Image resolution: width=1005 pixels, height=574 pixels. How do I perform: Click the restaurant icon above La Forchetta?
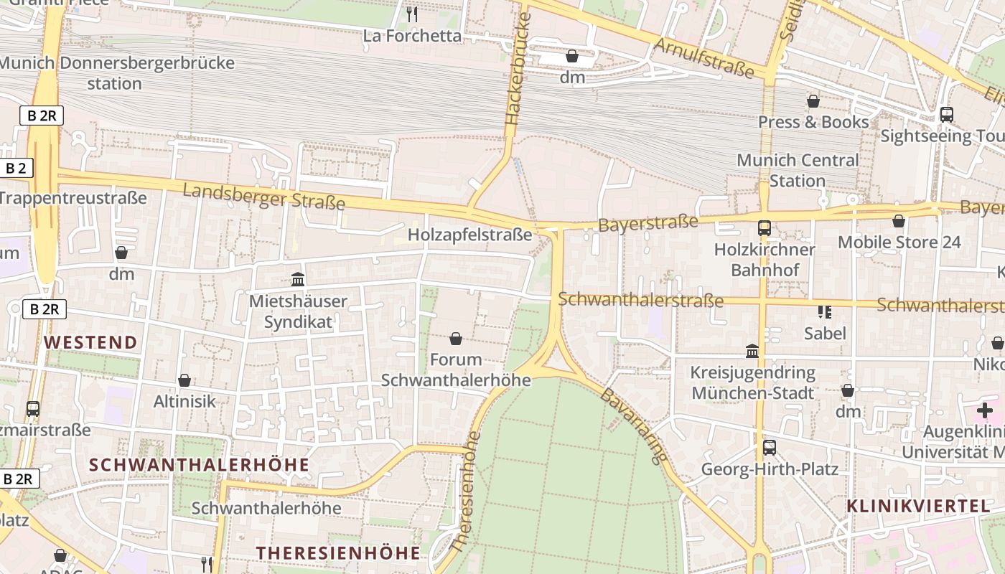pyautogui.click(x=412, y=14)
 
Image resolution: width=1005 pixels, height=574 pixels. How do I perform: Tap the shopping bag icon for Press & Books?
pyautogui.click(x=813, y=101)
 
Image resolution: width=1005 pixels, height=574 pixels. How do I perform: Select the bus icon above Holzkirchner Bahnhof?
pyautogui.click(x=765, y=228)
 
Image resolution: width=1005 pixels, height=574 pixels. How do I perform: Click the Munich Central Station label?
pyautogui.click(x=798, y=170)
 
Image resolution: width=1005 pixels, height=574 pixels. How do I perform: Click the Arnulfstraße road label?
pyautogui.click(x=704, y=58)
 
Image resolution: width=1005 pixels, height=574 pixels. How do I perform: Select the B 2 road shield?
pyautogui.click(x=16, y=169)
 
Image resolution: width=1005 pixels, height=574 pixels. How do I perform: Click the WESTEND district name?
pyautogui.click(x=91, y=342)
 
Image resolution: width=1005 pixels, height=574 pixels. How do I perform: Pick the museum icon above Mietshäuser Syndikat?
pyautogui.click(x=298, y=279)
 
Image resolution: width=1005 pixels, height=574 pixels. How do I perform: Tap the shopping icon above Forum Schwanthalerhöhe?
pyautogui.click(x=455, y=338)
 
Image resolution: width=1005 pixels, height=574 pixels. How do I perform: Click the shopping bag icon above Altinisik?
pyautogui.click(x=184, y=380)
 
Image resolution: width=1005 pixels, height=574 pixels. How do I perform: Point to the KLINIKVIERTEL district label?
pyautogui.click(x=918, y=506)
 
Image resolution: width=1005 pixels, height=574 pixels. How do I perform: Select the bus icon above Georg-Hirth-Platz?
pyautogui.click(x=770, y=448)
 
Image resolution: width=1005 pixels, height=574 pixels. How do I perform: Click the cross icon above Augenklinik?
pyautogui.click(x=984, y=410)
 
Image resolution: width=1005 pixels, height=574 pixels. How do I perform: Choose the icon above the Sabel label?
pyautogui.click(x=825, y=311)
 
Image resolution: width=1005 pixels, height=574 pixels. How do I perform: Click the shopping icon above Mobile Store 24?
pyautogui.click(x=899, y=221)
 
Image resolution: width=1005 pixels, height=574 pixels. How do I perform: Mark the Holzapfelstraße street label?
pyautogui.click(x=470, y=235)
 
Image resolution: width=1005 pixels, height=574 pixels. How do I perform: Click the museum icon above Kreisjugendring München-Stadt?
pyautogui.click(x=752, y=351)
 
